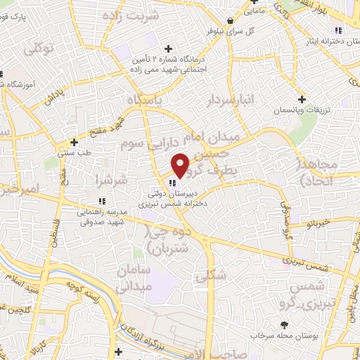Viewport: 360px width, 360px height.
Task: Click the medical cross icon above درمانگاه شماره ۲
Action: [x=167, y=49]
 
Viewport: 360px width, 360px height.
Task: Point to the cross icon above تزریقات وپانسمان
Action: [x=302, y=99]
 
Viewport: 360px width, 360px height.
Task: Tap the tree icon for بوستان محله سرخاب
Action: [x=285, y=325]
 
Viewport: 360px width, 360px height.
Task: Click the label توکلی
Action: [x=39, y=49]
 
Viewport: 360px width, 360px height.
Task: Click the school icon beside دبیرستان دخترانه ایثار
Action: [x=338, y=30]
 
